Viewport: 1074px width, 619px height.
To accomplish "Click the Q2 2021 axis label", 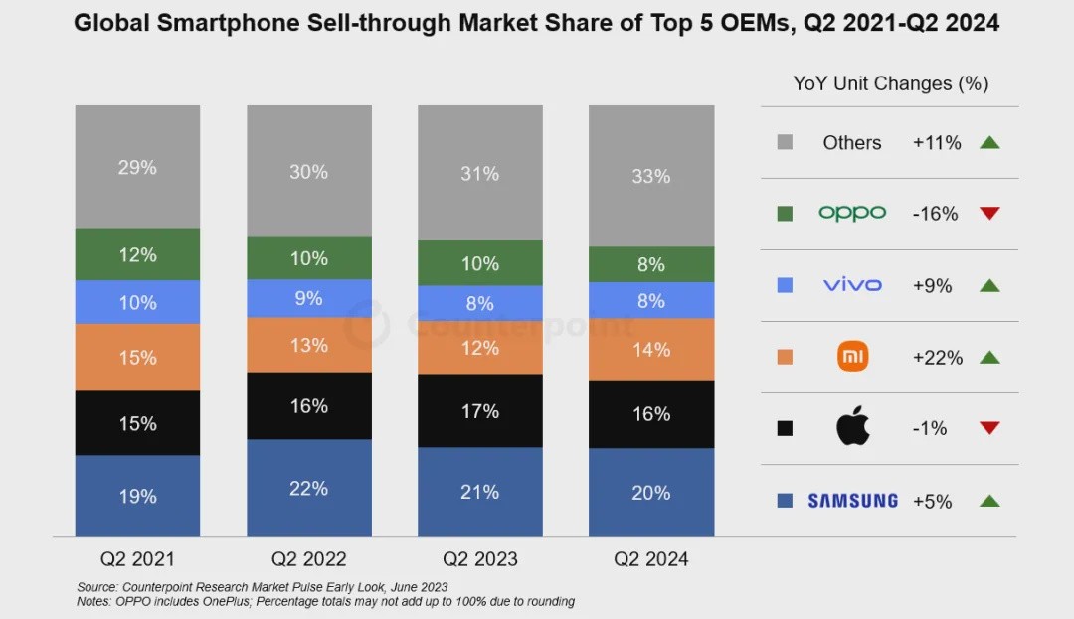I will (137, 558).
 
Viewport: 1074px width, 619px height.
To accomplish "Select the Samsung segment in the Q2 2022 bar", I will (309, 488).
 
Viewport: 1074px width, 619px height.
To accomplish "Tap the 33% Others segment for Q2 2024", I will (651, 176).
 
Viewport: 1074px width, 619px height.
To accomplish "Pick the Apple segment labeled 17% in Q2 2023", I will (480, 410).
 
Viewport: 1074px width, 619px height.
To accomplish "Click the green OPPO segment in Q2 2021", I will (137, 254).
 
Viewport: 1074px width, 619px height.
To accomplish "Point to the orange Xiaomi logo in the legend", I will (852, 357).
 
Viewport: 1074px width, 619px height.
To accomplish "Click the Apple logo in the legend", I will (852, 427).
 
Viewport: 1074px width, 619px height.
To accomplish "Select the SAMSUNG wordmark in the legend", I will (852, 501).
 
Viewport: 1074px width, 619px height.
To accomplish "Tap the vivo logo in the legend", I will (852, 285).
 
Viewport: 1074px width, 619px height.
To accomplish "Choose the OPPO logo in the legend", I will (852, 214).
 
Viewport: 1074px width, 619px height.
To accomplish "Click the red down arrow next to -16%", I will (988, 214).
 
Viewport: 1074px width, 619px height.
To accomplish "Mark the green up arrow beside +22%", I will (988, 357).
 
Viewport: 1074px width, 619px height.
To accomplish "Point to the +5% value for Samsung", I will (932, 501).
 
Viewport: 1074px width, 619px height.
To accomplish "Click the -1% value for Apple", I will (930, 428).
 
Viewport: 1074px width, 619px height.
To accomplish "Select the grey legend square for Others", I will (785, 142).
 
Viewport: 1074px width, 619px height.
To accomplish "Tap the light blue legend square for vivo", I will (785, 285).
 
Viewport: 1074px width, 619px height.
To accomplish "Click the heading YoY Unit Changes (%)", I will (890, 83).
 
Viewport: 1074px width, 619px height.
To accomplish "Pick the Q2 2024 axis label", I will (651, 558).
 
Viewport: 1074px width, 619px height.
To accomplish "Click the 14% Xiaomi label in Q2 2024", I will (651, 350).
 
